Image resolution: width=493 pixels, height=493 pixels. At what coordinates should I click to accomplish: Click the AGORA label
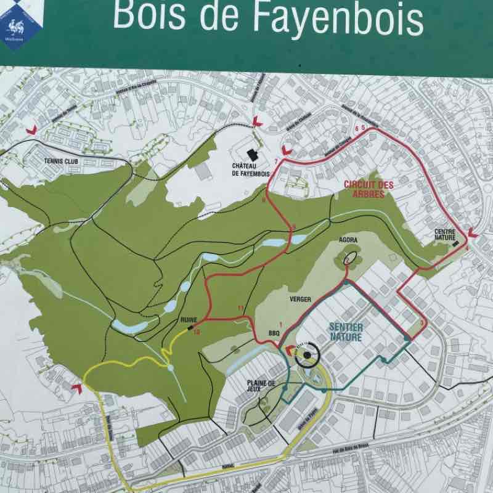pyautogui.click(x=348, y=239)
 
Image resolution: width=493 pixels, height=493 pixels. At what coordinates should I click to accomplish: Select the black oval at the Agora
pyautogui.click(x=351, y=257)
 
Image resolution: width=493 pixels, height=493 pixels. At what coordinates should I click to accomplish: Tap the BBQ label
pyautogui.click(x=274, y=333)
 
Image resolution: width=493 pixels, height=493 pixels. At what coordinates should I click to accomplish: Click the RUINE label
pyautogui.click(x=188, y=320)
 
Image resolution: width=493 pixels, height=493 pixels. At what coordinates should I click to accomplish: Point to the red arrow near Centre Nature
pyautogui.click(x=473, y=233)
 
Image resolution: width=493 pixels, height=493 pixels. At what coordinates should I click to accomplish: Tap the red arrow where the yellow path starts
pyautogui.click(x=76, y=386)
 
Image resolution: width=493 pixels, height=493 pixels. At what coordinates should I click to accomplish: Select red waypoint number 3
pyautogui.click(x=422, y=323)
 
